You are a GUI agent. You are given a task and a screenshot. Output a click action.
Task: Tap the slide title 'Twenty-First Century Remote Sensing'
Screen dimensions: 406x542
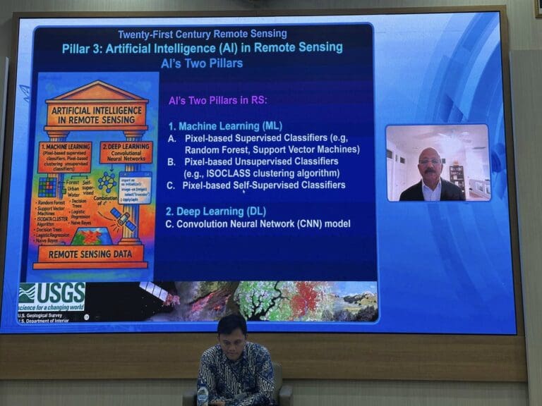click(202, 33)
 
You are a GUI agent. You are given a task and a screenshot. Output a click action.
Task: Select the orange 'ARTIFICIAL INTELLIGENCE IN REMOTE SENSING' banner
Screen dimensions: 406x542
click(97, 113)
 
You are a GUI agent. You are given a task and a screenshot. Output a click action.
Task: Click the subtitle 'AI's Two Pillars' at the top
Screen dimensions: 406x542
click(202, 63)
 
